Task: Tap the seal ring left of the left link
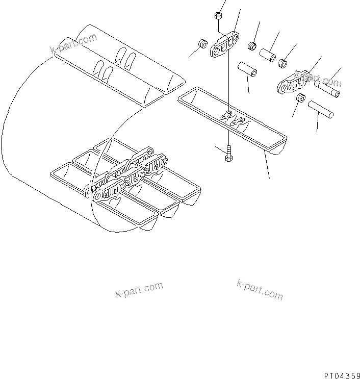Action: click(x=202, y=42)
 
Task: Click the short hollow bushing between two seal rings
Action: click(x=268, y=54)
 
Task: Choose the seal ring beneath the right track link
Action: click(x=301, y=99)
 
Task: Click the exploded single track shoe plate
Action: click(x=232, y=120)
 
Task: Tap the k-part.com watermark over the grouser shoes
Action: click(x=73, y=43)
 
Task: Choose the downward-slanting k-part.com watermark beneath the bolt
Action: click(x=259, y=289)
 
